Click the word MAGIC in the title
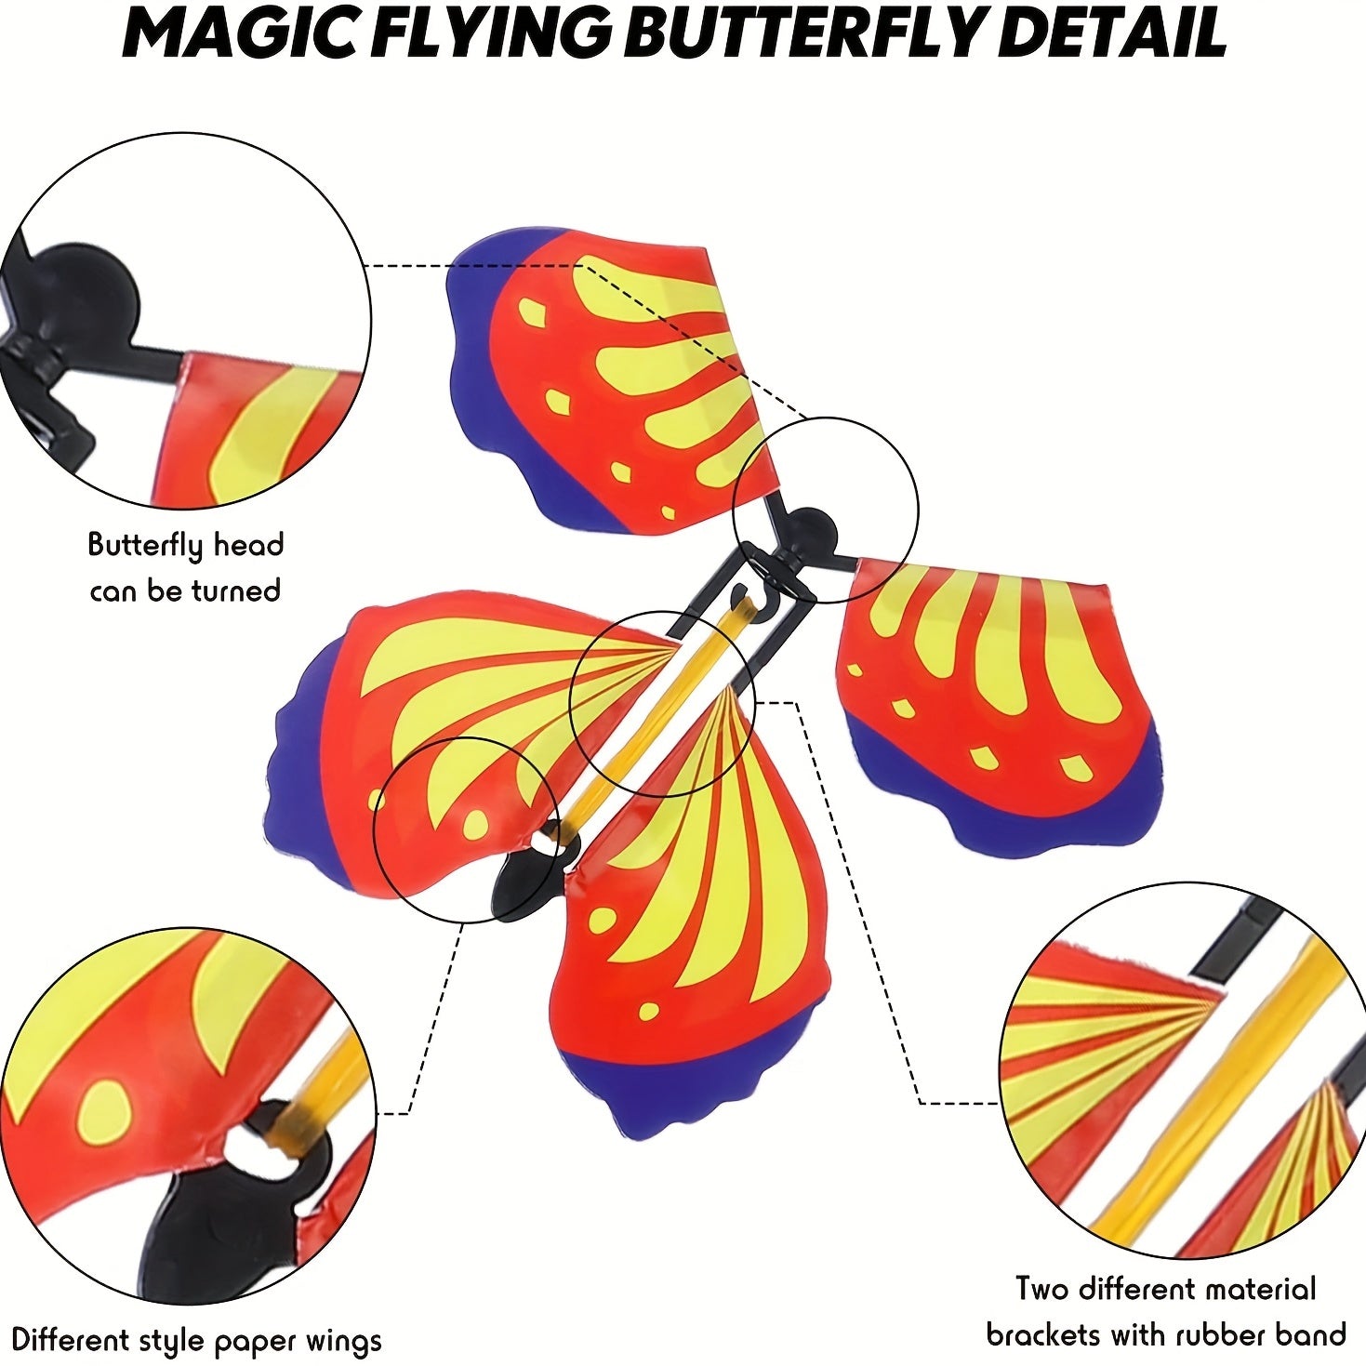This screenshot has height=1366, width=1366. click(242, 35)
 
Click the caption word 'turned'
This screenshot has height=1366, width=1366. click(235, 590)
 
